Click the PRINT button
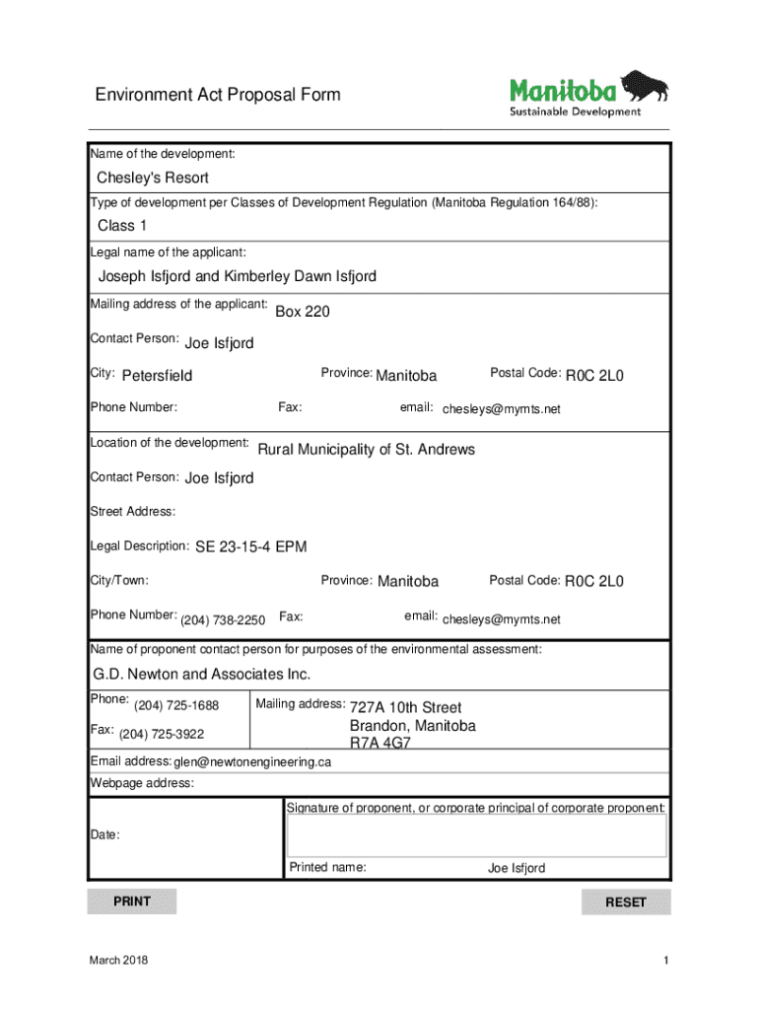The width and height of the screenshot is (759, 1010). pos(132,902)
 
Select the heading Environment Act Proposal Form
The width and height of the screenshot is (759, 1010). pos(218,95)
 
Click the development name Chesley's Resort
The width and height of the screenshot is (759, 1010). pos(152,178)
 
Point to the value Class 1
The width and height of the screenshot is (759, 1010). pos(115,226)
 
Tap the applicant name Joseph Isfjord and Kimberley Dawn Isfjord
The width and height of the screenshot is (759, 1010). pos(237,276)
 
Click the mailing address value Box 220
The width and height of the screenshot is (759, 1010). pos(302,312)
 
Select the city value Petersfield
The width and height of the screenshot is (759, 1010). pos(157,376)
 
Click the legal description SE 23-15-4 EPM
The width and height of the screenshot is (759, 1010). pos(250,547)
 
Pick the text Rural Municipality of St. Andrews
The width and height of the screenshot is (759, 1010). pos(366,450)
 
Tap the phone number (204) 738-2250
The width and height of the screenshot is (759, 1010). pos(222,620)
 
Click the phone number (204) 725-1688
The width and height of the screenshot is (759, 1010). pos(175,706)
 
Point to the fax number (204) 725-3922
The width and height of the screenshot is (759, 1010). pos(162,735)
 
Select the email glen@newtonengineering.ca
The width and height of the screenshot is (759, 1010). pos(252,762)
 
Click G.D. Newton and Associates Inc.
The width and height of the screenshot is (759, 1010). pos(201,675)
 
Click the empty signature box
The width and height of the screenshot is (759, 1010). pos(476,835)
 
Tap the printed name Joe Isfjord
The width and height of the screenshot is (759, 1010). pos(516,869)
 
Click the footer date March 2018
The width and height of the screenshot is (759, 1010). pos(119,961)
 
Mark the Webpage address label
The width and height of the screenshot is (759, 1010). pos(142,783)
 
